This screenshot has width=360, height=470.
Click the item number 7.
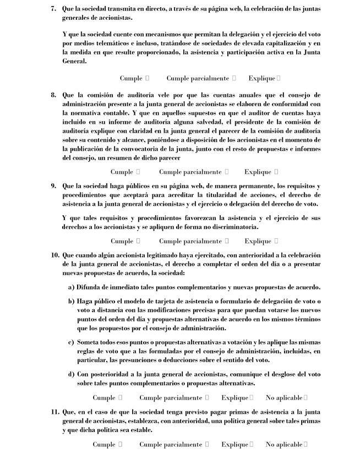[x=53, y=9]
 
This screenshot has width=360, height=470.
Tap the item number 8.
[x=53, y=95]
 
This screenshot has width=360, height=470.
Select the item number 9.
[x=53, y=186]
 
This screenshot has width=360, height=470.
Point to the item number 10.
[x=54, y=255]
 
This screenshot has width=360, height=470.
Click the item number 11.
[x=54, y=412]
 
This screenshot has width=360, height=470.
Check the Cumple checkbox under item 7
[x=147, y=78]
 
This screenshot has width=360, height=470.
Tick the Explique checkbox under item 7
[x=279, y=78]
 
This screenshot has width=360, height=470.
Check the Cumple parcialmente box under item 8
[x=226, y=172]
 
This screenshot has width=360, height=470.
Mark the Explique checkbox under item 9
[x=276, y=241]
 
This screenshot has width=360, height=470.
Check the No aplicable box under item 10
[x=306, y=397]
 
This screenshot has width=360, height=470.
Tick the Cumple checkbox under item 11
[x=120, y=444]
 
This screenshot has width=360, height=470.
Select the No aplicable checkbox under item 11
[x=306, y=444]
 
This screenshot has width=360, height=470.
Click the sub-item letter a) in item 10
[x=71, y=287]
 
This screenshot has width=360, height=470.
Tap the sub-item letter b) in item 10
[x=71, y=301]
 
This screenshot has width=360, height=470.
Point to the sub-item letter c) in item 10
[x=71, y=342]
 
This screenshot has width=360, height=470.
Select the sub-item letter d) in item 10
[x=71, y=374]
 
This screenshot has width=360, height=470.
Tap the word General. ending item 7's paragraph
[x=74, y=62]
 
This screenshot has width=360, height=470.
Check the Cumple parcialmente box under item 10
[x=207, y=397]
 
